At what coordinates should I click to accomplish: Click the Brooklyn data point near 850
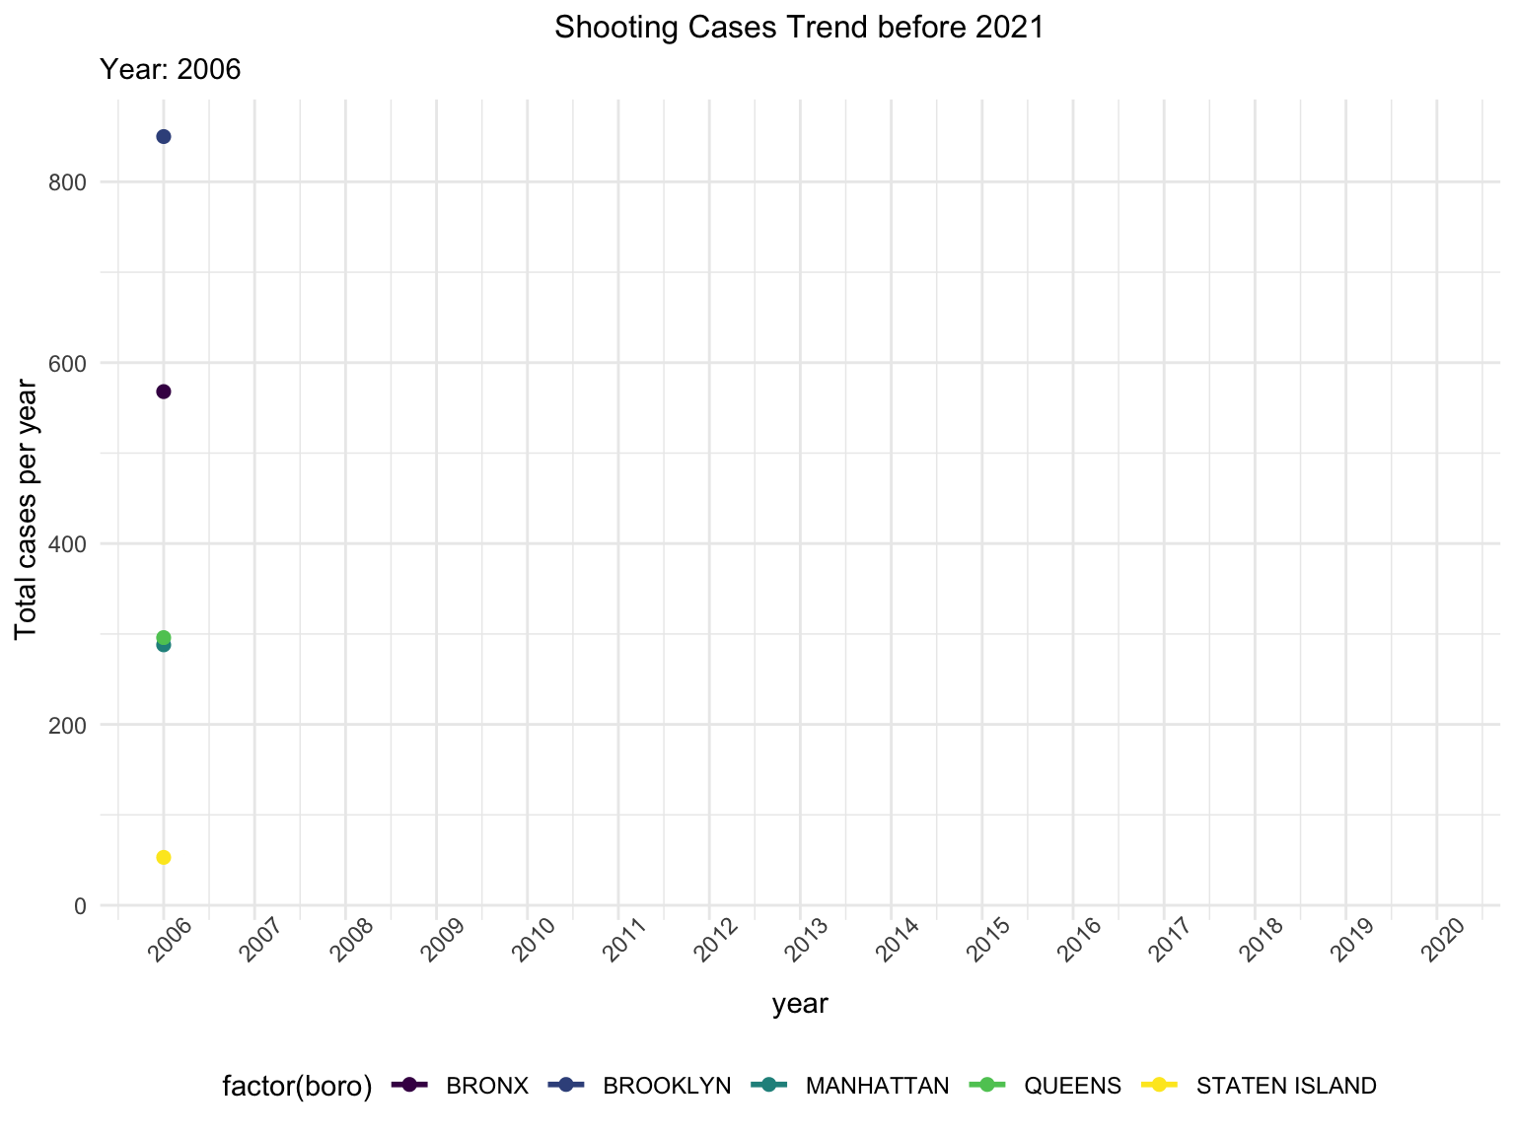pyautogui.click(x=164, y=136)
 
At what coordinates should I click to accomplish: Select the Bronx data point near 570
pyautogui.click(x=164, y=391)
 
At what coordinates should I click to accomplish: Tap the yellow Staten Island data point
pyautogui.click(x=164, y=857)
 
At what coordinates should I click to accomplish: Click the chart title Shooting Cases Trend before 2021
pyautogui.click(x=799, y=28)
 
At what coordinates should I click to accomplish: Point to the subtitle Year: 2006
pyautogui.click(x=171, y=70)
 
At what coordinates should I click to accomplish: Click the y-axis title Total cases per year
pyautogui.click(x=27, y=510)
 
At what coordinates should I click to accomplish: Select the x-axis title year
pyautogui.click(x=800, y=1004)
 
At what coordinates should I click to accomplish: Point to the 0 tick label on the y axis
pyautogui.click(x=81, y=906)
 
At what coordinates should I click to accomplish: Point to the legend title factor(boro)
pyautogui.click(x=297, y=1086)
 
